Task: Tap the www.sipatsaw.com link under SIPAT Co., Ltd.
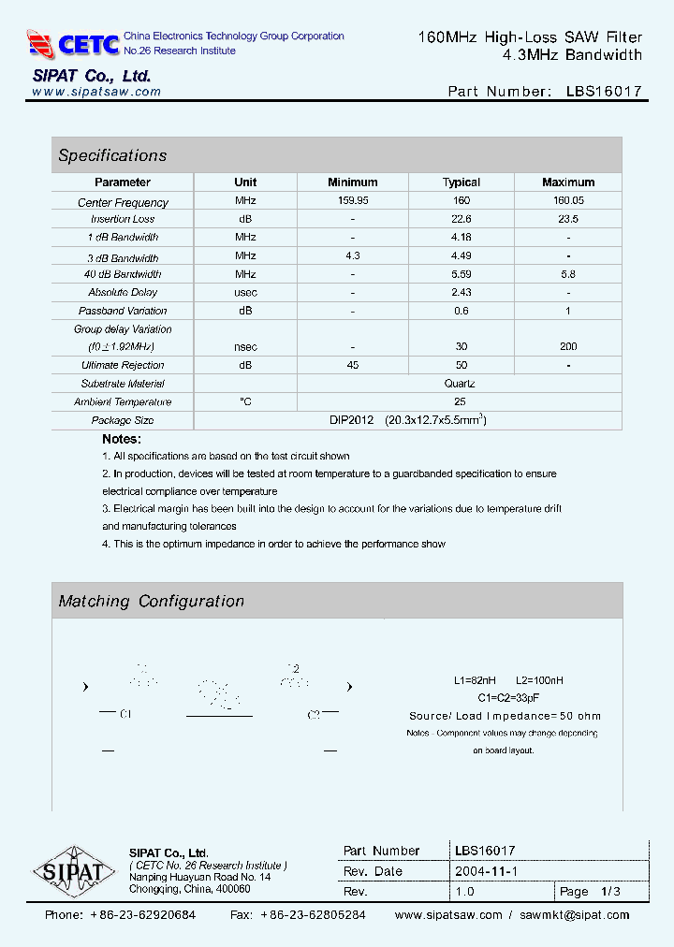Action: pos(96,92)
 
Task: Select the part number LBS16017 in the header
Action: pos(604,92)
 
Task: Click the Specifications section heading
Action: pos(112,155)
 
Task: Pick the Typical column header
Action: pos(461,182)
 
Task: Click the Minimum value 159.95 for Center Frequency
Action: pos(352,201)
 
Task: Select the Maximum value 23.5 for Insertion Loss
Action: pos(567,219)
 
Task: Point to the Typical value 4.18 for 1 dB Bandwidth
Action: pos(461,238)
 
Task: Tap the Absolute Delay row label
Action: pos(123,293)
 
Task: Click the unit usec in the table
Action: pos(245,293)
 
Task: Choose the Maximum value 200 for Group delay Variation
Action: pos(567,346)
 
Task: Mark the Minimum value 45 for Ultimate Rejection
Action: pos(352,365)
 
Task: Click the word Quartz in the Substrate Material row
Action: pos(460,384)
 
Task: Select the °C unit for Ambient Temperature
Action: pos(245,402)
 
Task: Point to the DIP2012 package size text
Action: pos(351,420)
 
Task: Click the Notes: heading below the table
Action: pos(122,439)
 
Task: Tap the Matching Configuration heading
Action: pos(151,601)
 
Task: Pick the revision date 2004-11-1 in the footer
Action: pos(487,871)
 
